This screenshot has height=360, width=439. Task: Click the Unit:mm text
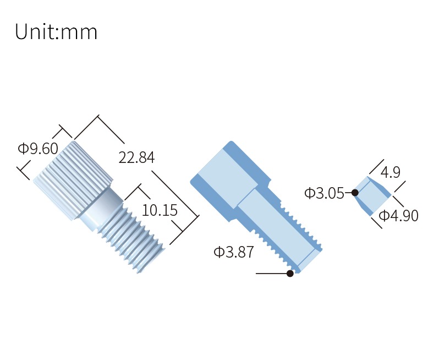click(x=56, y=32)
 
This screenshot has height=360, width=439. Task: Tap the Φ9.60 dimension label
click(x=38, y=148)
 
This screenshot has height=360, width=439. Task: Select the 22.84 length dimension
click(x=136, y=157)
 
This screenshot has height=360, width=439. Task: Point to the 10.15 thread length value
click(x=160, y=210)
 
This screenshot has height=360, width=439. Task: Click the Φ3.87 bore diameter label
click(x=233, y=252)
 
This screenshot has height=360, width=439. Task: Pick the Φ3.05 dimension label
click(x=324, y=193)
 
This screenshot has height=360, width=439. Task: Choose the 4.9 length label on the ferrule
click(x=390, y=172)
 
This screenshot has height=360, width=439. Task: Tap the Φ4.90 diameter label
click(x=398, y=216)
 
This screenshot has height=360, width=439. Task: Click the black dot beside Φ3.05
click(x=355, y=193)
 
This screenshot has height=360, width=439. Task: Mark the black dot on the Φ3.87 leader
click(x=290, y=273)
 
